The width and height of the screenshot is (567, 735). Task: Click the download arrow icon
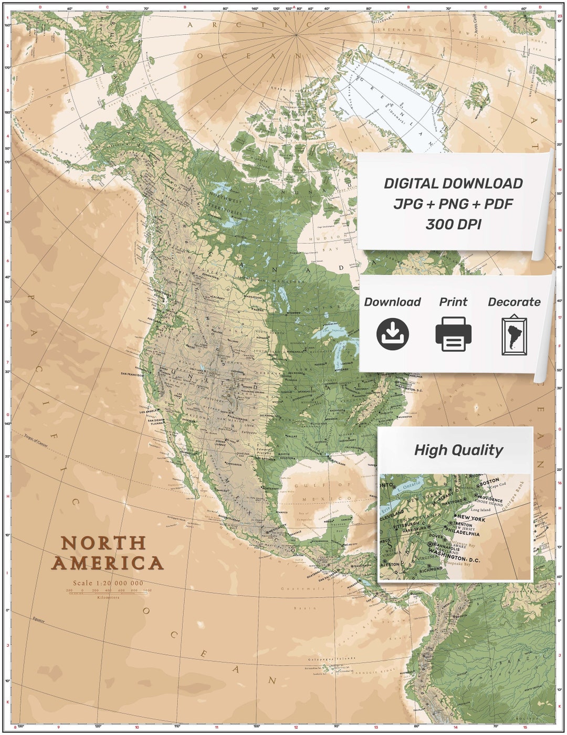[392, 334]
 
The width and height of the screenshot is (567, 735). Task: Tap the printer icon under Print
[453, 334]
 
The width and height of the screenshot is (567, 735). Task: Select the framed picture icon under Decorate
[514, 335]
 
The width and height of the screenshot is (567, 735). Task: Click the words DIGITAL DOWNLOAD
[453, 183]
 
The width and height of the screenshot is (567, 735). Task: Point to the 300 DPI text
[453, 224]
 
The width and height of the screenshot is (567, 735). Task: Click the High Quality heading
[458, 450]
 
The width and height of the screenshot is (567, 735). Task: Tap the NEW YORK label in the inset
[471, 518]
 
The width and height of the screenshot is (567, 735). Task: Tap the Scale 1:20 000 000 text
[108, 583]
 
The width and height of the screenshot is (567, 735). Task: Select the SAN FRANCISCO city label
[132, 374]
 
